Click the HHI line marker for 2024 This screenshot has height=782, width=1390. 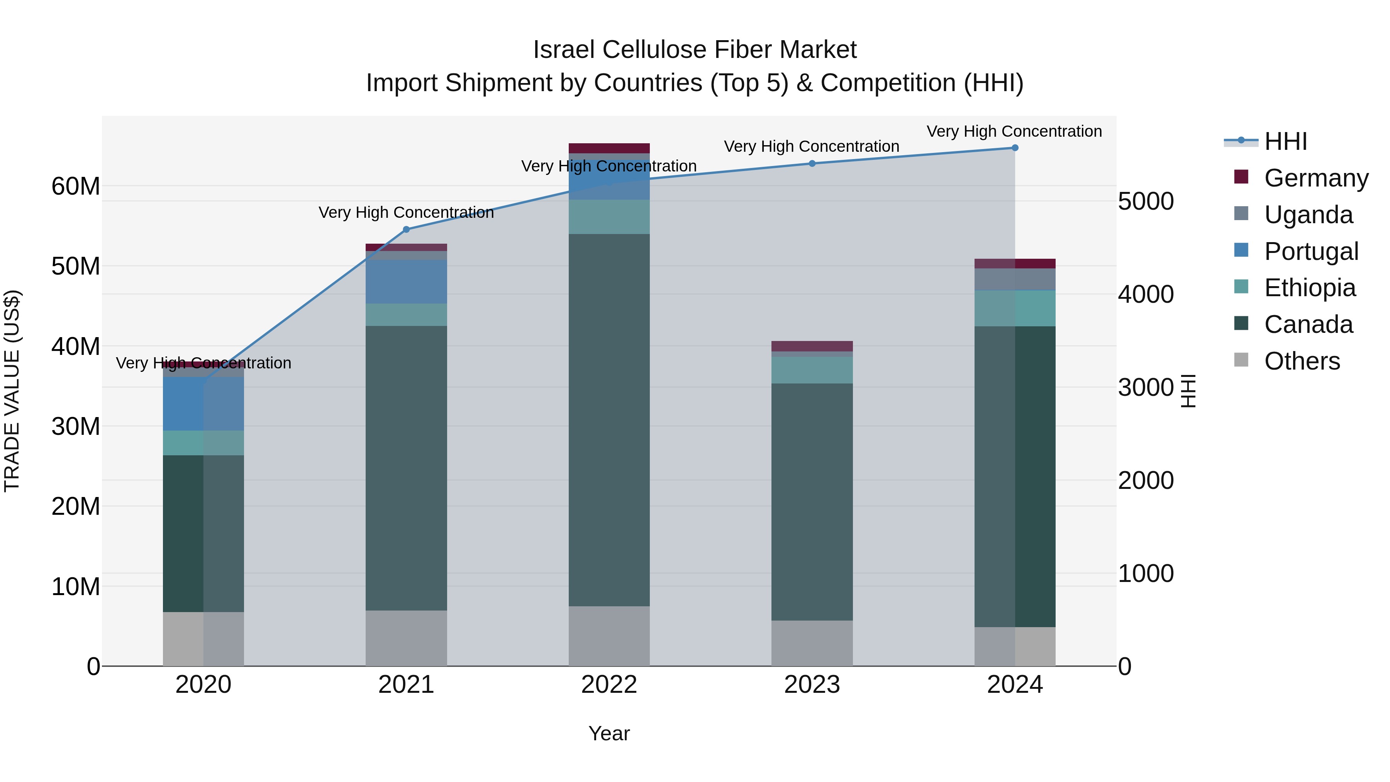[x=1014, y=148]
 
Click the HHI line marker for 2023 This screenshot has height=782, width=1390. [x=812, y=163]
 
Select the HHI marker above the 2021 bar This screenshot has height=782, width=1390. [x=406, y=229]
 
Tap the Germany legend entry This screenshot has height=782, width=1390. [x=1315, y=178]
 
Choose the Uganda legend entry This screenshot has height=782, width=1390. [x=1308, y=215]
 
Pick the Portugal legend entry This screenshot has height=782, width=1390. [x=1311, y=251]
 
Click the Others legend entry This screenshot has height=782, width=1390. [x=1302, y=361]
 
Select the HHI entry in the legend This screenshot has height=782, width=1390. [x=1285, y=141]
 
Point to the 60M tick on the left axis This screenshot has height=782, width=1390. [x=76, y=186]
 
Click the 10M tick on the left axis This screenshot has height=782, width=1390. [x=76, y=587]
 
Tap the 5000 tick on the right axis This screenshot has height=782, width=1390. [x=1146, y=201]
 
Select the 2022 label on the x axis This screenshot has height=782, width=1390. [x=609, y=685]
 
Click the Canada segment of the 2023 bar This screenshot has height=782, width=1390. [x=812, y=502]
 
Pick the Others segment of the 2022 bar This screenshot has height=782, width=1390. [x=609, y=636]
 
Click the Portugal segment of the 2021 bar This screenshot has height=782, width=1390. [x=406, y=282]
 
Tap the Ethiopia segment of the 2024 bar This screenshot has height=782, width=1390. [x=1014, y=308]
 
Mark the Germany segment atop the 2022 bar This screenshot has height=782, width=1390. [x=609, y=148]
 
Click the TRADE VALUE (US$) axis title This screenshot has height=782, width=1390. [x=12, y=391]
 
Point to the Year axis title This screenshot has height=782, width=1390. [x=609, y=733]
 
